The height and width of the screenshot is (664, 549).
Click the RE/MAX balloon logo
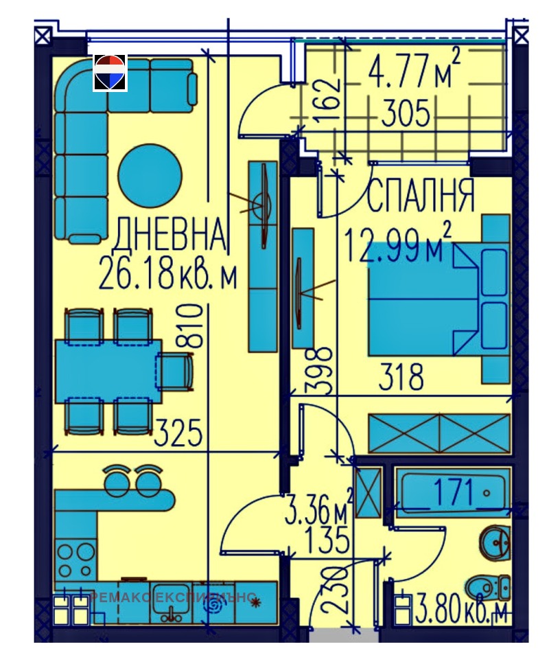click(x=110, y=73)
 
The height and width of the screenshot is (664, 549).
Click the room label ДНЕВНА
click(x=169, y=235)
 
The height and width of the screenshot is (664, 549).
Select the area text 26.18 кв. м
click(x=168, y=273)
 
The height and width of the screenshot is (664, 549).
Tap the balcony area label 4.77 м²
click(x=414, y=73)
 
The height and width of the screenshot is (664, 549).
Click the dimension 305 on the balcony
click(x=406, y=113)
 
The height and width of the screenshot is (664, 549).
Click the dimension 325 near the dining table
click(x=178, y=433)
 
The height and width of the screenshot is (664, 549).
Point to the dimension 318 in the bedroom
click(x=401, y=377)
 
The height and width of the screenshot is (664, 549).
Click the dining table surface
click(x=108, y=371)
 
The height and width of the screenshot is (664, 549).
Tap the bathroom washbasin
click(x=495, y=540)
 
